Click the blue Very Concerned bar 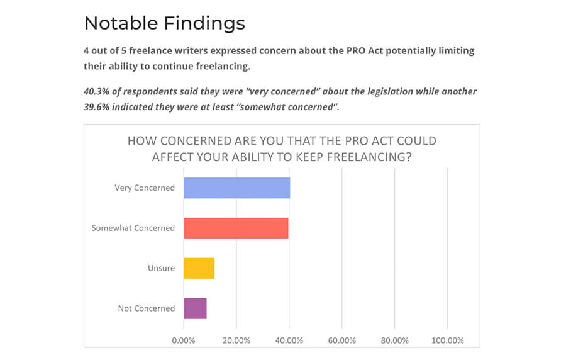coord(236,188)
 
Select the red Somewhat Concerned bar coord(236,228)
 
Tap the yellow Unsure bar coord(199,268)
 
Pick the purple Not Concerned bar coord(195,308)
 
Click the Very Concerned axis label coord(145,188)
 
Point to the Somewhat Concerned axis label coord(133,228)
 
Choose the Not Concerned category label coord(147,308)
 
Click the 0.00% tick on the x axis coord(184,340)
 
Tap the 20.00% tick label coord(236,340)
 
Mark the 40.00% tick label coord(289,340)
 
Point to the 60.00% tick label coord(342,340)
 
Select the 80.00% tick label coord(394,340)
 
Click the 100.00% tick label coord(447,340)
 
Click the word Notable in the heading coord(121,23)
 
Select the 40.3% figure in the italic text coord(96,91)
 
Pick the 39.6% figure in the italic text coord(96,107)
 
